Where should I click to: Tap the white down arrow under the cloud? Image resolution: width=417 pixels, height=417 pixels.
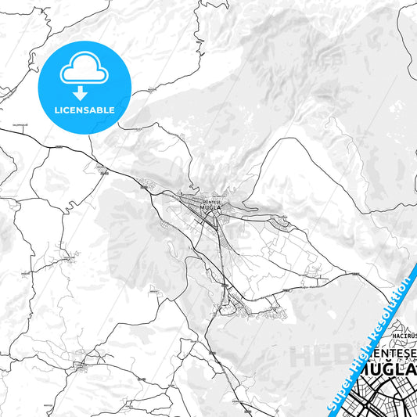81,93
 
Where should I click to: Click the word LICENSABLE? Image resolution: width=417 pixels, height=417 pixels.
84,110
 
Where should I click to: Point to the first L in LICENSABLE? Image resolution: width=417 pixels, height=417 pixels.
57,110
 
